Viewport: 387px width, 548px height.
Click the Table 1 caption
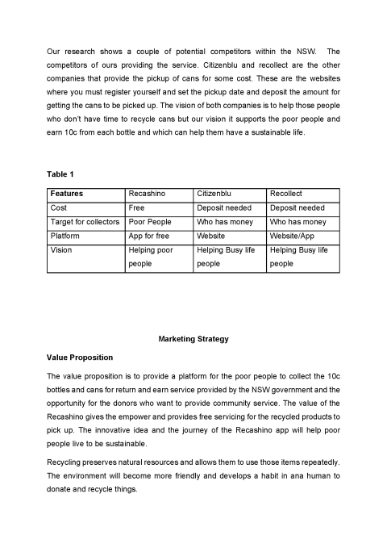click(61, 174)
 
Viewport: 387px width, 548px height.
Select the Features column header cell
click(67, 194)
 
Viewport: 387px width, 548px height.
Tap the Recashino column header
click(147, 194)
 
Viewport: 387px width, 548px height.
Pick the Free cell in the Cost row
click(137, 207)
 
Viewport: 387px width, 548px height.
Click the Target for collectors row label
click(85, 221)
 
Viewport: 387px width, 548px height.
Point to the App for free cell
click(149, 235)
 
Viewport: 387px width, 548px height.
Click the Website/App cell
click(292, 235)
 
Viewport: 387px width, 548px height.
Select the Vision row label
click(61, 250)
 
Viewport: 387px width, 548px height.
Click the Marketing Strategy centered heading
click(193, 339)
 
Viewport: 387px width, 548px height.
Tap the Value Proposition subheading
click(80, 357)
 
